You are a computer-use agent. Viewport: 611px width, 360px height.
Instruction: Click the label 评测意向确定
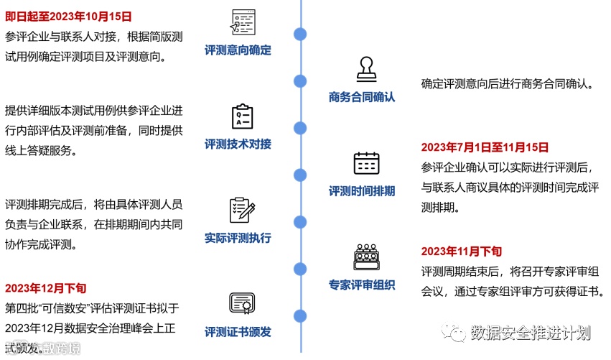[x=238, y=50]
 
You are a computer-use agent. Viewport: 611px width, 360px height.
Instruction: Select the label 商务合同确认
[x=362, y=97]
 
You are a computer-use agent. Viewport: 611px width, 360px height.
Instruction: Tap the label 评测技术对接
[x=238, y=144]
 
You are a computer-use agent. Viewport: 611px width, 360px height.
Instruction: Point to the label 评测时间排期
[x=362, y=191]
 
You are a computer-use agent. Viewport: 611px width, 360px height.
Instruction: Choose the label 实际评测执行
[x=238, y=238]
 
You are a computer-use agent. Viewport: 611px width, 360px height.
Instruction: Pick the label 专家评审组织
[x=362, y=285]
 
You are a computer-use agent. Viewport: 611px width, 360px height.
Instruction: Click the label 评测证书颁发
[x=238, y=332]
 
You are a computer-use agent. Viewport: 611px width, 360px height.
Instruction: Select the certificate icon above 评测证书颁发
[x=242, y=304]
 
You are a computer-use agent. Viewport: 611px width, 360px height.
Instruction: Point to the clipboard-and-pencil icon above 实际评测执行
[x=242, y=210]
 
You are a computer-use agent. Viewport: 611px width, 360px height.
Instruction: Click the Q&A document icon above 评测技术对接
[x=242, y=116]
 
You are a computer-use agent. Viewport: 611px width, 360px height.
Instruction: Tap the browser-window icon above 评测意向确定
[x=242, y=22]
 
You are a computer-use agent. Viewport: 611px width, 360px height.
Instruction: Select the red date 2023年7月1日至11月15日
[x=485, y=147]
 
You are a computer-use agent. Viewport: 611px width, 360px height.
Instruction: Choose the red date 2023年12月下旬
[x=45, y=288]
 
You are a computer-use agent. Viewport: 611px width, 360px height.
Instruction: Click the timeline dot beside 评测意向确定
[x=301, y=34]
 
